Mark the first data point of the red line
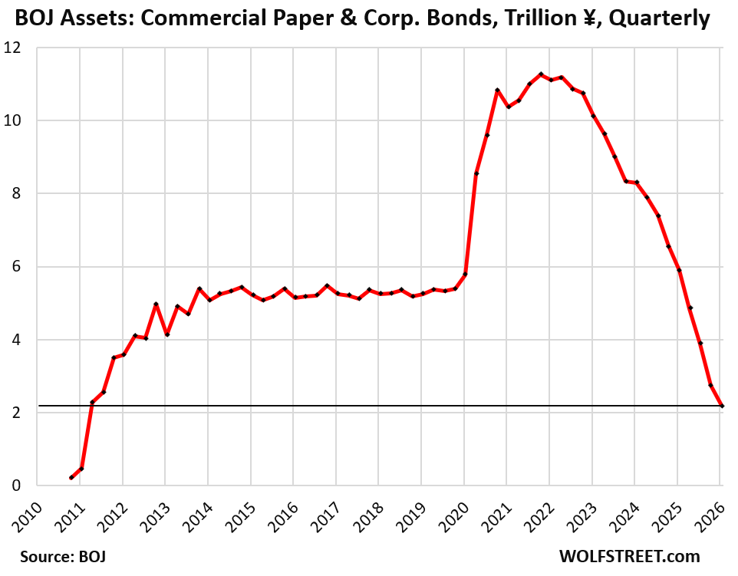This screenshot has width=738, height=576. (x=71, y=478)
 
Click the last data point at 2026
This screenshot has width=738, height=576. (x=722, y=406)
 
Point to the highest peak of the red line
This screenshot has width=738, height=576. (x=541, y=74)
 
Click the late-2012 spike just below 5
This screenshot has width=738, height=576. (x=156, y=304)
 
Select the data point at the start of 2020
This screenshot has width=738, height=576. (x=466, y=275)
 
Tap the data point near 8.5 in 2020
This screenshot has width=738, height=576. (x=476, y=174)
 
